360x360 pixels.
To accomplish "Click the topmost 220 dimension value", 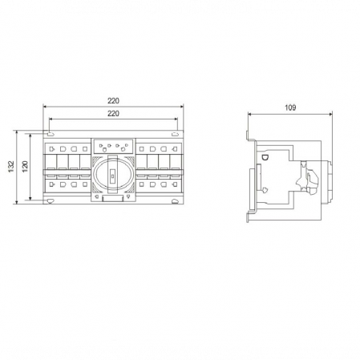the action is pyautogui.click(x=113, y=101).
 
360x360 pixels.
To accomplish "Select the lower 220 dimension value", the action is pyautogui.click(x=113, y=114).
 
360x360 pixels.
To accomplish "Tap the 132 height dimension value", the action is pyautogui.click(x=11, y=167).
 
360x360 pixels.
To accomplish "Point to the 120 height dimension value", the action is pyautogui.click(x=25, y=167).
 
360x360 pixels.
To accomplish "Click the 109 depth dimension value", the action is pyautogui.click(x=290, y=107).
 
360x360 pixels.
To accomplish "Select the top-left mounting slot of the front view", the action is pyautogui.click(x=51, y=134).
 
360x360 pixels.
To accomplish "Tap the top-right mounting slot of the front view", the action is pyautogui.click(x=175, y=134).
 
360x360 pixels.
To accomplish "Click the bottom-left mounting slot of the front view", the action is pyautogui.click(x=51, y=201).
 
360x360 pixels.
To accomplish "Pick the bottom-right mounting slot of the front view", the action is pyautogui.click(x=176, y=201).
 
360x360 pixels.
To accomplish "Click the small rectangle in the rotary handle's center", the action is pyautogui.click(x=112, y=176).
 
